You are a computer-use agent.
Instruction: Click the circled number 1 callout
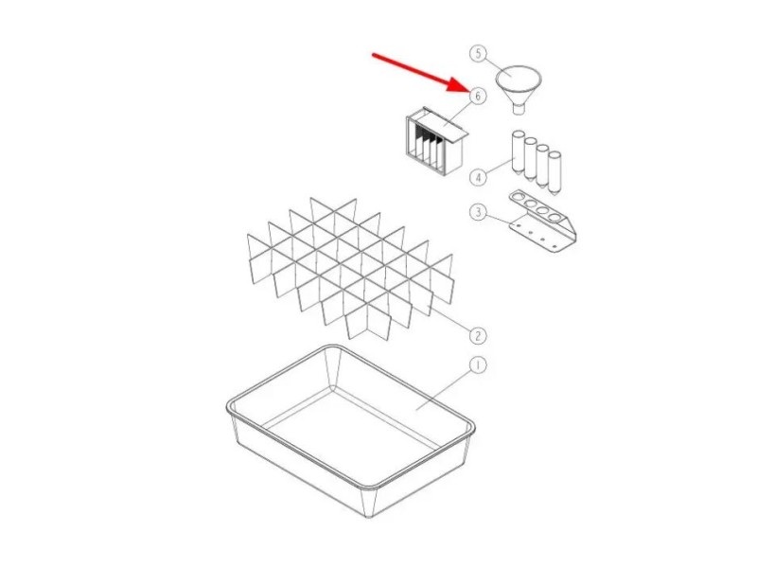(478, 365)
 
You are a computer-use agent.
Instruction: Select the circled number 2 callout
(478, 336)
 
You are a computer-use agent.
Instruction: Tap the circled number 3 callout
(478, 211)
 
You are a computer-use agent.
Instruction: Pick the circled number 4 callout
(478, 177)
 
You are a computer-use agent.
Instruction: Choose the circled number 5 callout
(478, 53)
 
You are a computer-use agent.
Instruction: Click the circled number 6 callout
(478, 97)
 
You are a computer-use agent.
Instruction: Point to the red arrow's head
(458, 86)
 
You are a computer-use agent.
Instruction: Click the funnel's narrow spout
(519, 109)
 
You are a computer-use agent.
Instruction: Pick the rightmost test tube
(555, 172)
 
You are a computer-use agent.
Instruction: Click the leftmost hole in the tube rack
(518, 197)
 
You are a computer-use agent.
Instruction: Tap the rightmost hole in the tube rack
(555, 218)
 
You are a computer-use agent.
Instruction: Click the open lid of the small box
(443, 125)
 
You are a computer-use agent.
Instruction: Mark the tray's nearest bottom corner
(369, 516)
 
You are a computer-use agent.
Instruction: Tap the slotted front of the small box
(426, 145)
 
